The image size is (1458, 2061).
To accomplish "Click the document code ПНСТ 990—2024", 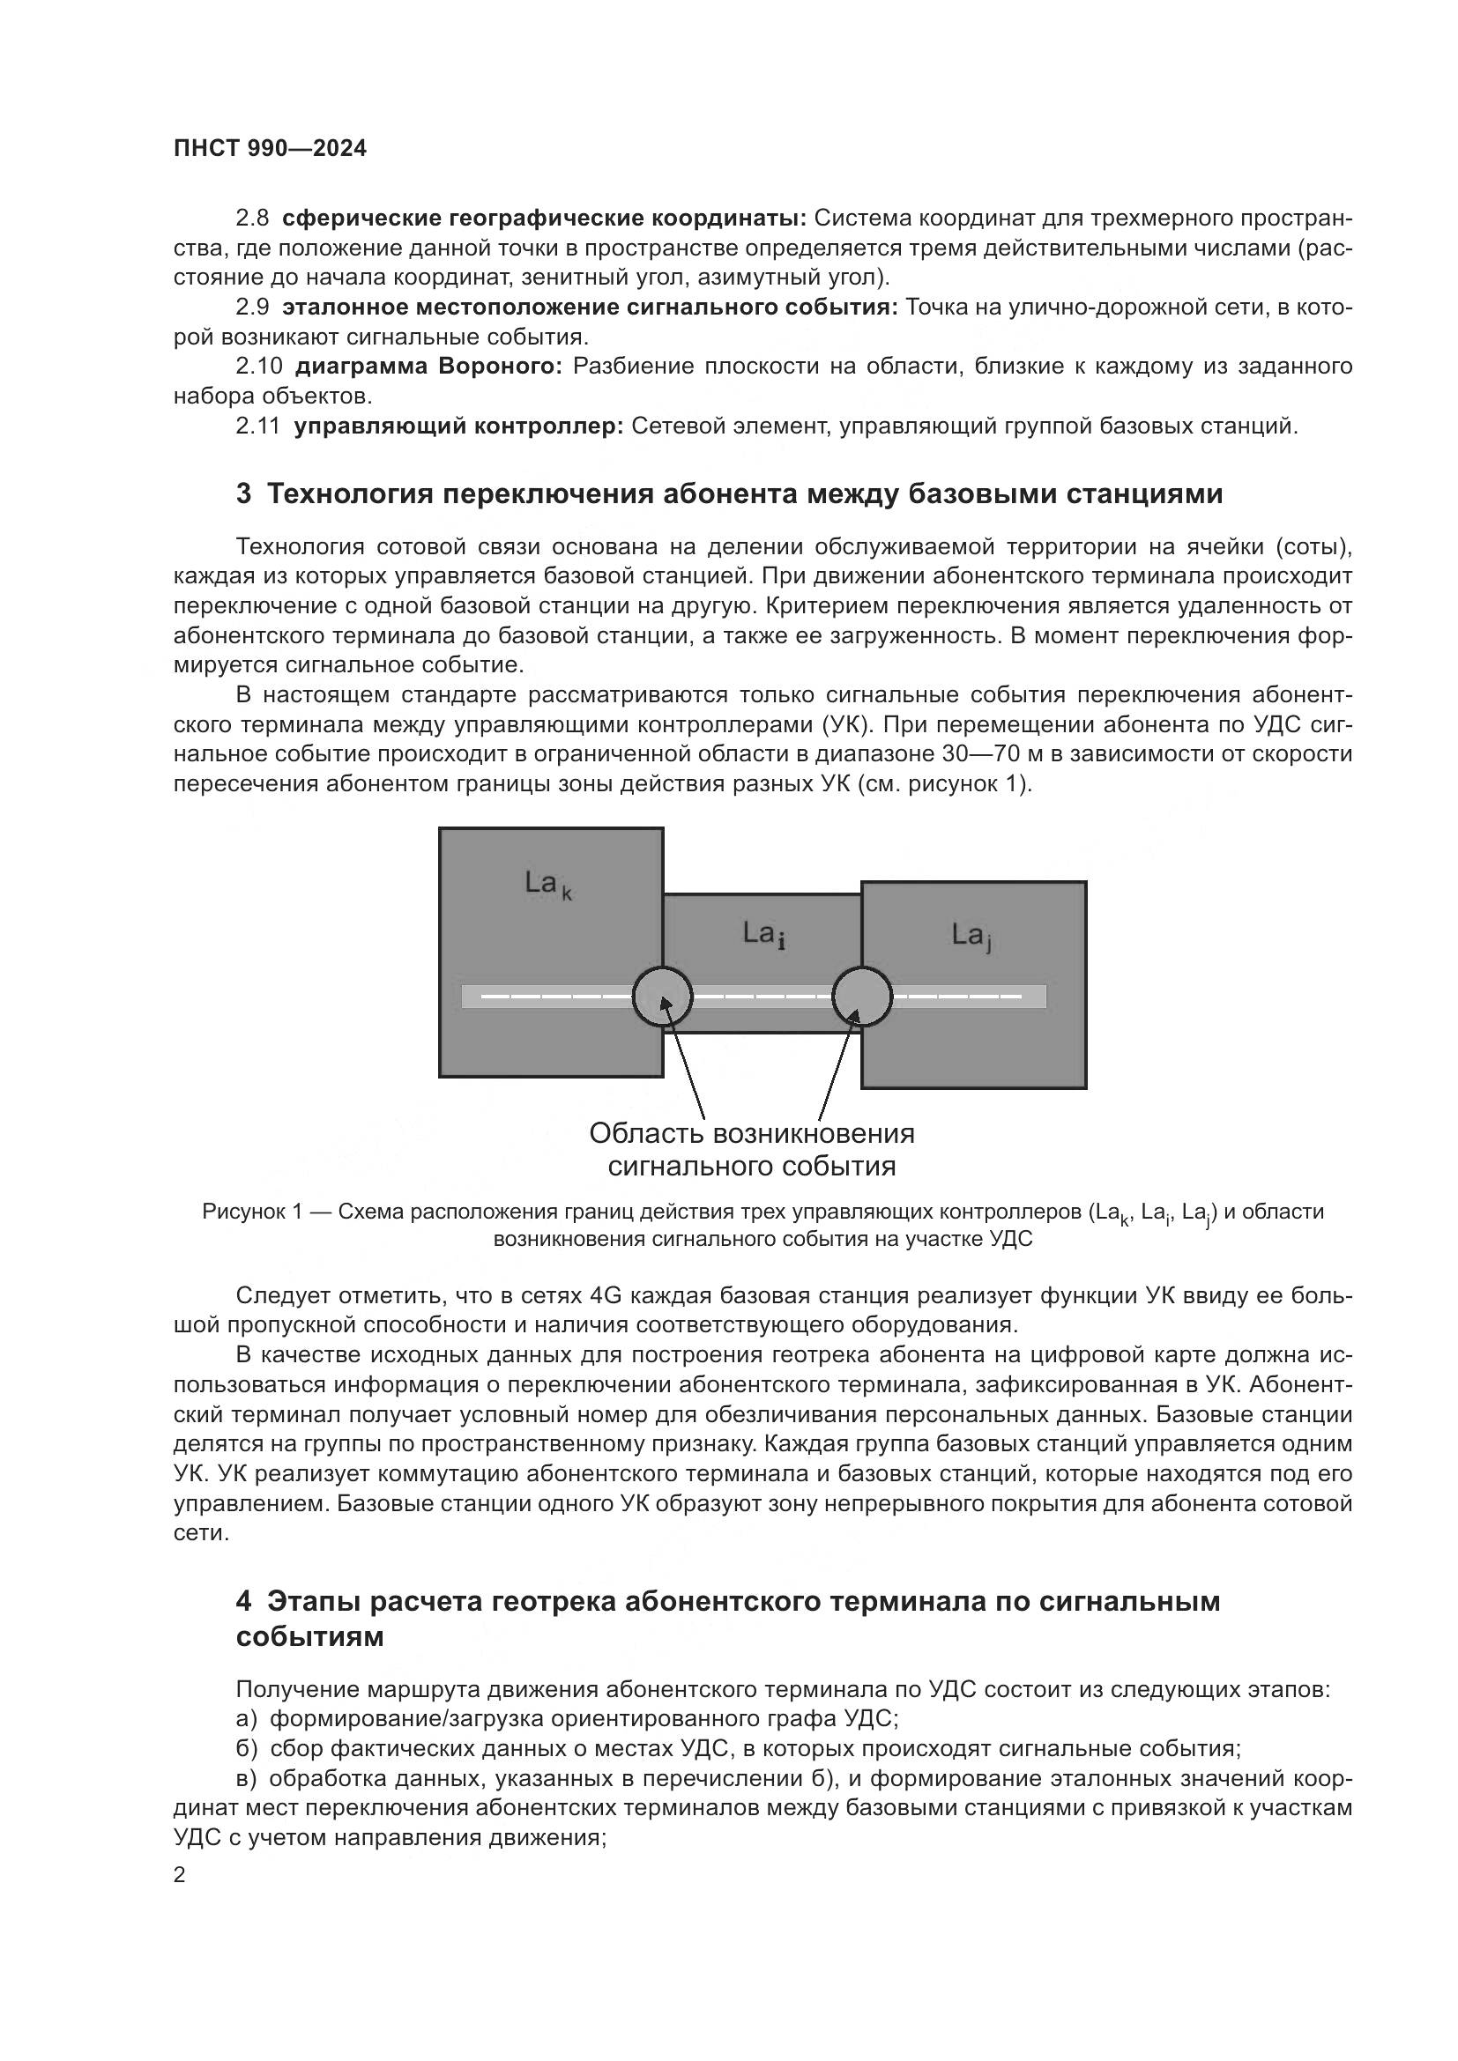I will click(271, 149).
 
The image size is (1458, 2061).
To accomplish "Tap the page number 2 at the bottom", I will click(180, 1875).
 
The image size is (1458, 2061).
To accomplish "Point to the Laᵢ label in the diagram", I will click(764, 934).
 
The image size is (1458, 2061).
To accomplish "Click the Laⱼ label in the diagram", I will click(971, 937).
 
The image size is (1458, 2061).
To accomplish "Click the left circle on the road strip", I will click(663, 997).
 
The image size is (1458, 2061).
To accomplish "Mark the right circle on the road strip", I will click(862, 997).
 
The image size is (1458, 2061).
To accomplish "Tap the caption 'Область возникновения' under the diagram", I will click(751, 1134).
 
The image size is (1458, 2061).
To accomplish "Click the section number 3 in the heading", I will click(243, 494).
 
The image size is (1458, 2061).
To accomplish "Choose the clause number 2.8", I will click(252, 219).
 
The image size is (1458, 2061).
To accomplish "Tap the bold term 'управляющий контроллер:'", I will click(458, 426).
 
